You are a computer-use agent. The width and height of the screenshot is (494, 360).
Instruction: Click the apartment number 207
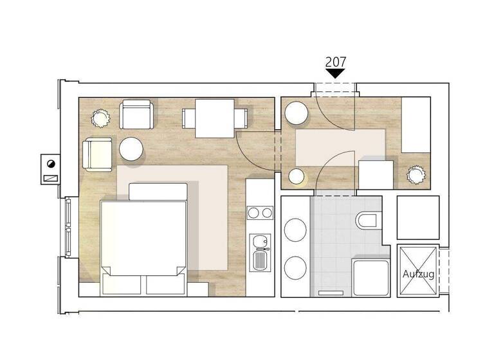(336, 62)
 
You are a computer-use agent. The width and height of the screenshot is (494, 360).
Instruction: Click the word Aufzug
(418, 274)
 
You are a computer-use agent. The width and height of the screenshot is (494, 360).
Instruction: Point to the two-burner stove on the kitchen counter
(260, 213)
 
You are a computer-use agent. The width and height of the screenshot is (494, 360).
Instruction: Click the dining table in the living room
(215, 118)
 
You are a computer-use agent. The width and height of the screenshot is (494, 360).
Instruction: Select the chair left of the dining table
(188, 118)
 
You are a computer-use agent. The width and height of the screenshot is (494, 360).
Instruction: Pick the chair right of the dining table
(242, 118)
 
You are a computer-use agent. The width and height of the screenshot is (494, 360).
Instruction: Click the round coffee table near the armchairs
(131, 149)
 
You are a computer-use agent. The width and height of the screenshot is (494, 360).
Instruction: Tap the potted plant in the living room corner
(101, 118)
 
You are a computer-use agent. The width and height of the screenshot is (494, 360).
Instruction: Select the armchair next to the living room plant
(137, 114)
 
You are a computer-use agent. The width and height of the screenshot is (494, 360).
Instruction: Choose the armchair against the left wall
(96, 155)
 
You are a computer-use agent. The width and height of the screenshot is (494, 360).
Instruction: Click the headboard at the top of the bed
(158, 191)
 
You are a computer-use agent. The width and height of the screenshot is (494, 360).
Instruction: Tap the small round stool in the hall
(297, 176)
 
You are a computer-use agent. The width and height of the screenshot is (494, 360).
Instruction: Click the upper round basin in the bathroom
(295, 230)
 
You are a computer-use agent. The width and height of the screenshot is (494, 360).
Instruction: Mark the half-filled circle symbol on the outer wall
(50, 163)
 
